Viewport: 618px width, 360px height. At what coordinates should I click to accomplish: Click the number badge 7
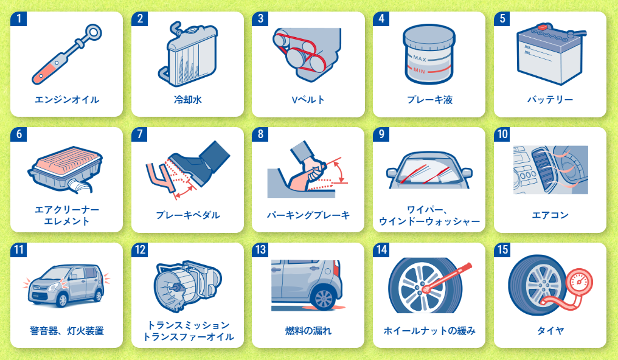point(139,134)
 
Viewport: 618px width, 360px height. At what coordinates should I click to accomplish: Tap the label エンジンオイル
point(67,100)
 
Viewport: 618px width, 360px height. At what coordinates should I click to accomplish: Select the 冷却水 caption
point(187,100)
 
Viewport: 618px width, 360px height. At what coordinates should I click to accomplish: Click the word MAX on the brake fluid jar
point(420,58)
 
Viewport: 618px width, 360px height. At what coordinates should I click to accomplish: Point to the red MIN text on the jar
point(419,71)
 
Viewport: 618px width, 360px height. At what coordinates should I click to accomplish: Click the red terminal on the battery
point(543,27)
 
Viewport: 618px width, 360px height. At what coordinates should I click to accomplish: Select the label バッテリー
point(550,100)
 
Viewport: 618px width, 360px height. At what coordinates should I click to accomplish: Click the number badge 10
point(502,134)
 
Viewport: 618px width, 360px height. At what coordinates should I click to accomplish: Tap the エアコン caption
point(550,215)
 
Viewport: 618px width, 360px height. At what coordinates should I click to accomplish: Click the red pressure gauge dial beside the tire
point(579,282)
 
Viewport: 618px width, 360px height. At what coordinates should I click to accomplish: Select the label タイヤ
point(550,331)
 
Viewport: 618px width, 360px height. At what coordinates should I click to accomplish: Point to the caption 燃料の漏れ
point(308,331)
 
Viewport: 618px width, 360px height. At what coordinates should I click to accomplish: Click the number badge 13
point(260,250)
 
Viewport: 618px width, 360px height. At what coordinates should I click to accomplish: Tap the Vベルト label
point(308,100)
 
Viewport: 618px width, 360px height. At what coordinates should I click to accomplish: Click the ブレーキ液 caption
point(429,100)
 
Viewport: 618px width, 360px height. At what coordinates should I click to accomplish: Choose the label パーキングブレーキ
point(308,215)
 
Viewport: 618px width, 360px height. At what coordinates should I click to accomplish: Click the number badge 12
point(139,250)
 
